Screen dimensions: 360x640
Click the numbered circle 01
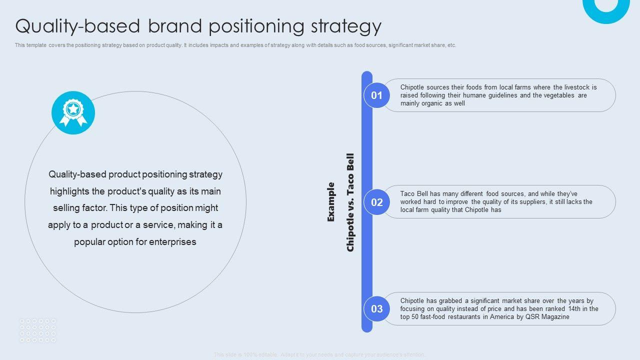click(376, 95)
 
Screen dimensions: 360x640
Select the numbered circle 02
click(376, 202)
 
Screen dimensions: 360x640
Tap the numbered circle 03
click(376, 309)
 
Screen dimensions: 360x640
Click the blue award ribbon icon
click(73, 112)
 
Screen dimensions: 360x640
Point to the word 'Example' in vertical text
click(330, 202)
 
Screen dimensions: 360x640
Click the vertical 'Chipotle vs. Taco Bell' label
click(350, 202)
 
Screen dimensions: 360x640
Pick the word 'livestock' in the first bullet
click(577, 87)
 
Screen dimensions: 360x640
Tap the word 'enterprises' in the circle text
click(172, 242)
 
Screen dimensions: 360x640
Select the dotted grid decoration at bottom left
click(38, 330)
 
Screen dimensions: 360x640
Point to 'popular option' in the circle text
click(105, 242)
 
